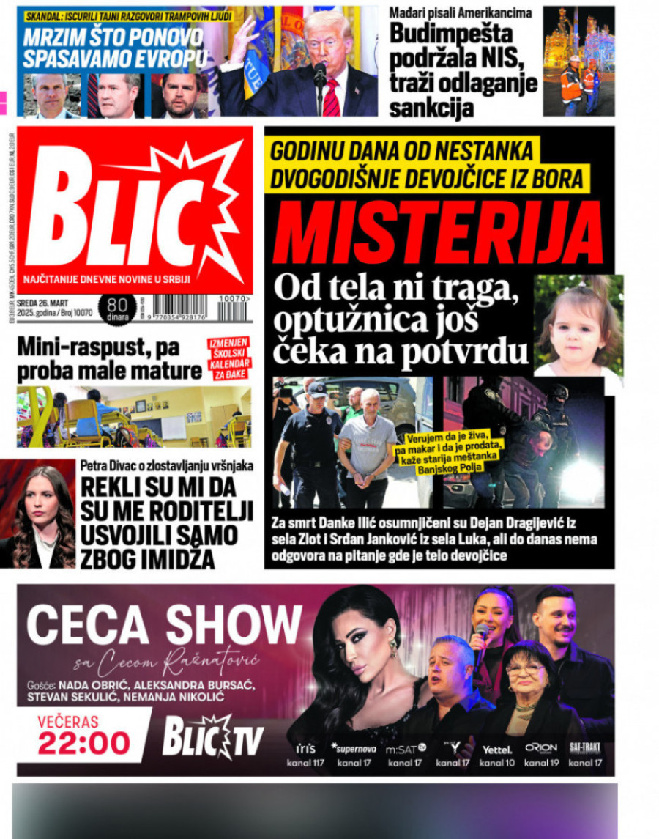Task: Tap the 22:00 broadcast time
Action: pyautogui.click(x=83, y=742)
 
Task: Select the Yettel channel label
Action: pyautogui.click(x=497, y=749)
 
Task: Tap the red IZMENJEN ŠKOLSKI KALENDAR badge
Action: pyautogui.click(x=228, y=357)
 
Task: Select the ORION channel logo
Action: pyautogui.click(x=541, y=748)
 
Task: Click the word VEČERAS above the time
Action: pyautogui.click(x=68, y=721)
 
